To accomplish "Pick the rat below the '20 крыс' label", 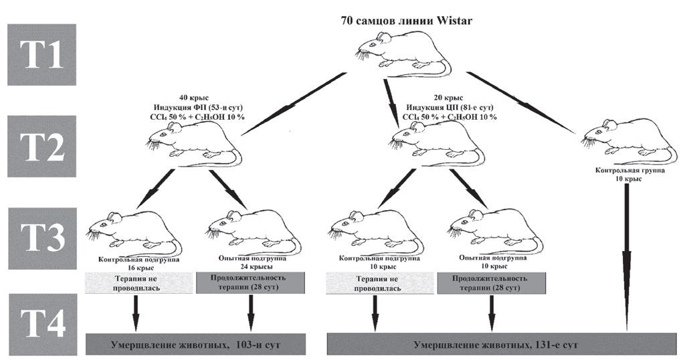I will [x=435, y=143].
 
